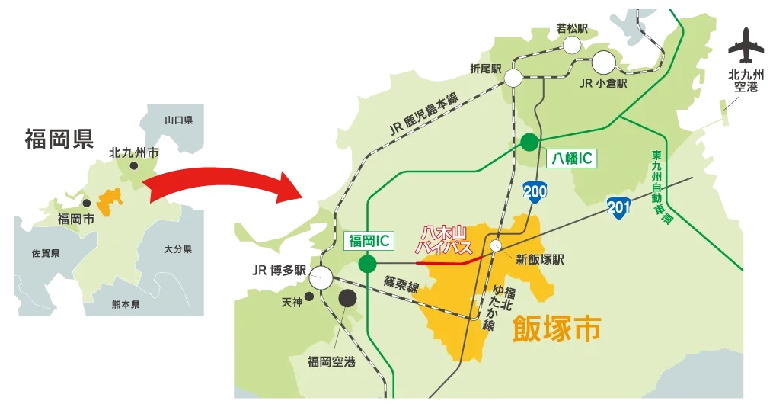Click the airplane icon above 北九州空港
click(x=746, y=46)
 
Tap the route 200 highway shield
click(x=535, y=191)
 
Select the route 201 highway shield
click(x=618, y=207)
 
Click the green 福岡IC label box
click(x=369, y=241)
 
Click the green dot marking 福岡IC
click(x=368, y=265)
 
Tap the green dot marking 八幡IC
click(x=529, y=141)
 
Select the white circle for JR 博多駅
click(x=321, y=277)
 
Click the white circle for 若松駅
click(x=572, y=44)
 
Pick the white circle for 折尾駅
click(x=513, y=78)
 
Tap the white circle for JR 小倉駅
click(x=605, y=60)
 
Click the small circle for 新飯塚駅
click(x=496, y=245)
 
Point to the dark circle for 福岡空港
click(x=347, y=299)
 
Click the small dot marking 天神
click(x=308, y=297)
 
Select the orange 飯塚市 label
click(x=557, y=329)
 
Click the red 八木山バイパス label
click(x=444, y=241)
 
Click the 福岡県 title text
click(x=59, y=139)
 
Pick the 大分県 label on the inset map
click(x=177, y=249)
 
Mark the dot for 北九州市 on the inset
click(x=134, y=165)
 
